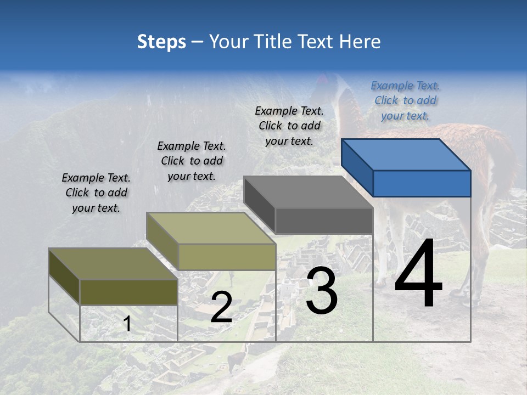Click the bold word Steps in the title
161,42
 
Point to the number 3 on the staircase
322,291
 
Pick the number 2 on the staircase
221,307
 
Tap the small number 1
127,324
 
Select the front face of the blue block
422,183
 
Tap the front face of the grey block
324,221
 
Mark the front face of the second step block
227,257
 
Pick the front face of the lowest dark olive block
129,292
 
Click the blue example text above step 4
405,100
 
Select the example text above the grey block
289,126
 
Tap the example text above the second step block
192,161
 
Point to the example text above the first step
96,193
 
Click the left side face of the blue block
357,167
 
